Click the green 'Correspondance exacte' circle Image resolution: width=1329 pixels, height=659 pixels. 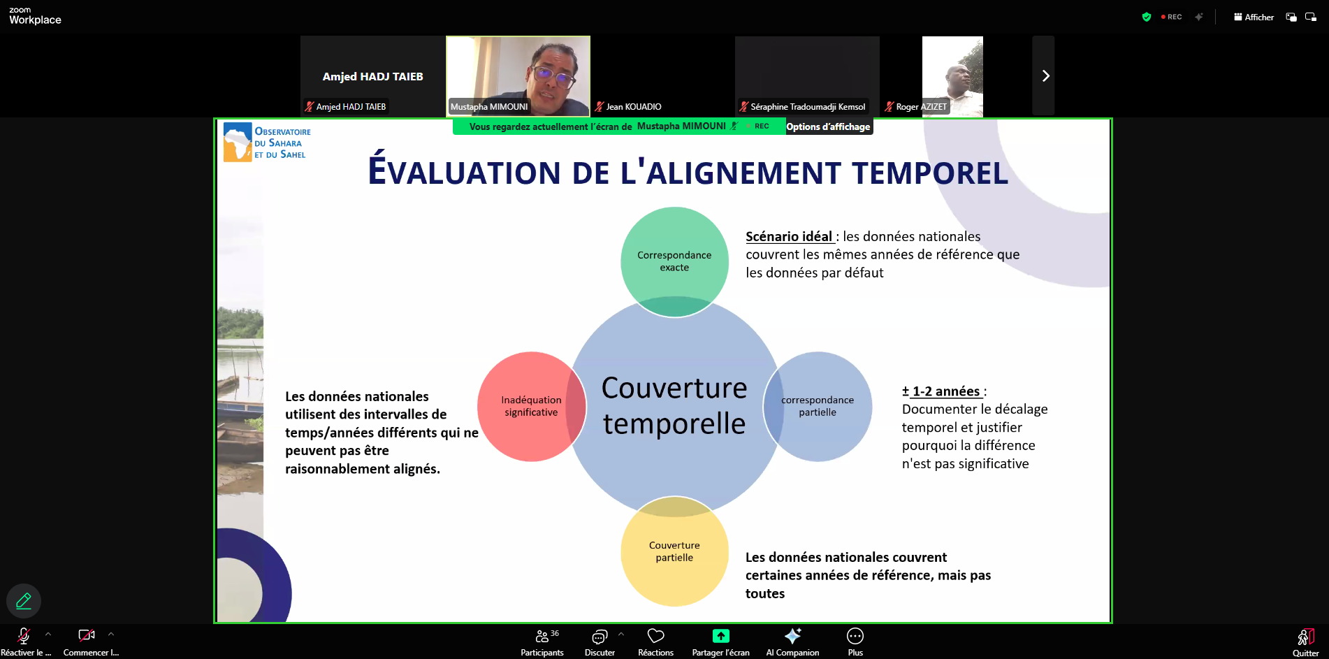point(674,261)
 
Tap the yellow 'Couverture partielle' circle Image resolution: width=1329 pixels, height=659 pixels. point(674,551)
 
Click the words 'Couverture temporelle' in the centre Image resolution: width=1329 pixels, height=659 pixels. point(674,405)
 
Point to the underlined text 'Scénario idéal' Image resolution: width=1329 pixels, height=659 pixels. point(789,237)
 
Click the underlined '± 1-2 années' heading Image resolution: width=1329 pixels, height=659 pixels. point(943,391)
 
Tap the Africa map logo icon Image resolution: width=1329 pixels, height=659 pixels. point(238,142)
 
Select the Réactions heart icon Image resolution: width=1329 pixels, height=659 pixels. point(655,637)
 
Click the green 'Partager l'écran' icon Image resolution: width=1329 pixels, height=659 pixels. point(720,636)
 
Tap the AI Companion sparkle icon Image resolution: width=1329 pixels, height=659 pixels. point(792,636)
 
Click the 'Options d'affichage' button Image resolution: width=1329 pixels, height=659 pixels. point(828,126)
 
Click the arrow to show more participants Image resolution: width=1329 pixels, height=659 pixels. point(1045,75)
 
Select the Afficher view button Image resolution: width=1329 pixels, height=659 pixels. point(1254,17)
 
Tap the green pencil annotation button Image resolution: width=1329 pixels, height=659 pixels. point(24,601)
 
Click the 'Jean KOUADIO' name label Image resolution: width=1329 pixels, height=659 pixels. point(633,107)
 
